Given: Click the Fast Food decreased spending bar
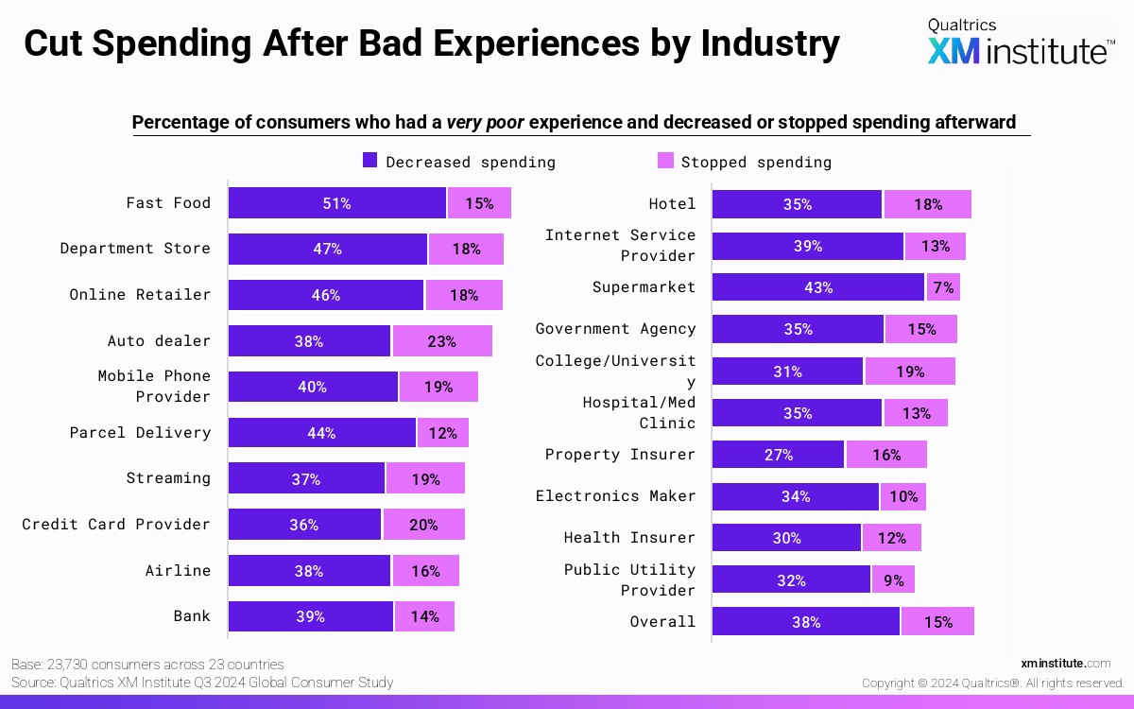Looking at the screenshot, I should click(x=336, y=203).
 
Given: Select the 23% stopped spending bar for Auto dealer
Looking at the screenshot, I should click(x=442, y=341).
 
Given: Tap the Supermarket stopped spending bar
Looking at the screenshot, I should click(x=942, y=287).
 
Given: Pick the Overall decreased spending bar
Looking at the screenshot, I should click(x=805, y=621).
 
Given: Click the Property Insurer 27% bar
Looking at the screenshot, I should click(x=778, y=455).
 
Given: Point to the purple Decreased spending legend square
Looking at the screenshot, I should click(x=370, y=161).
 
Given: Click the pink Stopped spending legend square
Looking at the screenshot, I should click(x=665, y=161).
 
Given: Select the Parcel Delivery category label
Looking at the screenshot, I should click(x=140, y=433).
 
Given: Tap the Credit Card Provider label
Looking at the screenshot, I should click(x=116, y=524).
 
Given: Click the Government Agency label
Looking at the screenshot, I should click(x=615, y=329).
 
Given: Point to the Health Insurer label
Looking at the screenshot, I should click(x=629, y=538).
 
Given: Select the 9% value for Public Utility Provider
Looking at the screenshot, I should click(x=893, y=579).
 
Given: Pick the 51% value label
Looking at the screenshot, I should click(x=336, y=203).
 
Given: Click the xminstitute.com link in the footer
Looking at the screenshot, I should click(x=1066, y=664).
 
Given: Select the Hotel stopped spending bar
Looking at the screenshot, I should click(x=927, y=204).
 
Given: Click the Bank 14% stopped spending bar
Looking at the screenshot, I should click(x=424, y=616).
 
